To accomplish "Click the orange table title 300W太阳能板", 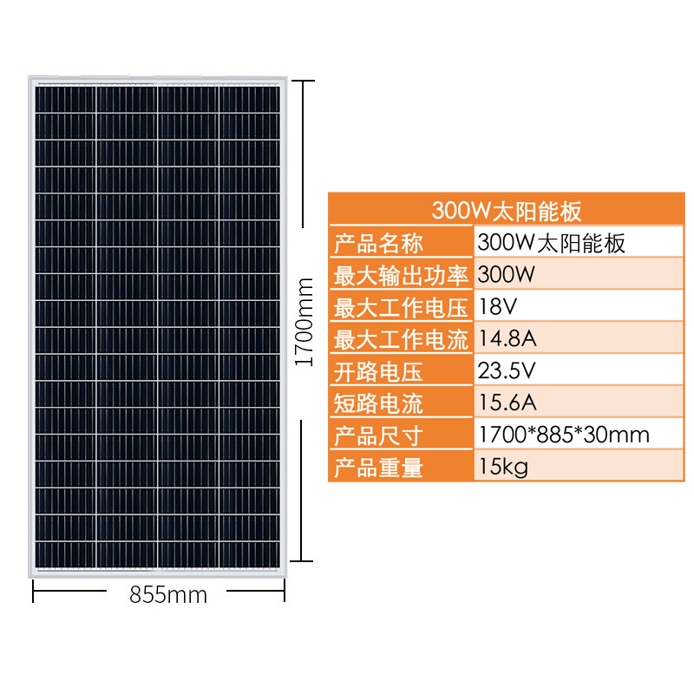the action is pos(507,211).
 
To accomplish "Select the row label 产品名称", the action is pos(378,243).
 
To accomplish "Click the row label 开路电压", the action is pos(378,372).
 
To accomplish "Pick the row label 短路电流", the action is pos(378,403).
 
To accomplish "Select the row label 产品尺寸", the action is pos(378,435).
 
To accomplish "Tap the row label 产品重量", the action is pos(378,468).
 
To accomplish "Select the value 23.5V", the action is pos(507,371).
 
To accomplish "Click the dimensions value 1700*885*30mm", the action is pos(563,435).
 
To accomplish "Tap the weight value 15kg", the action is pos(502,467).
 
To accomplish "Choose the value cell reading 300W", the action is pos(502,276).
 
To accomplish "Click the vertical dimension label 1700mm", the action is pos(304,322).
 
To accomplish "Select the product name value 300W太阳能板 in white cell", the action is pos(551,243).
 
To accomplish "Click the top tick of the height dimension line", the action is pos(301,81).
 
